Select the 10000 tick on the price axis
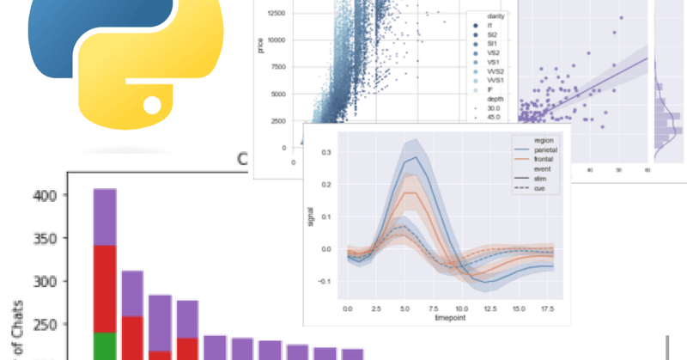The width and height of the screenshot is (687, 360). coord(277,40)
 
